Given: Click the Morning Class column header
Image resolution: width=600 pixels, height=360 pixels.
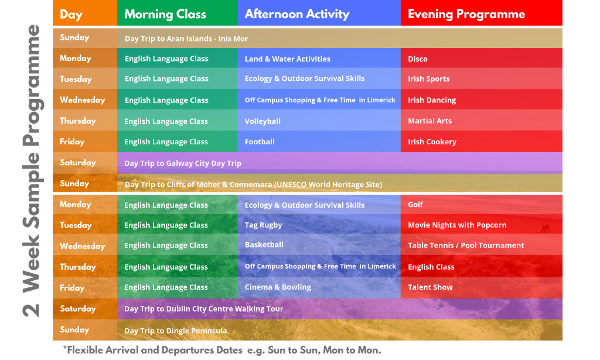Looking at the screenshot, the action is (x=165, y=15).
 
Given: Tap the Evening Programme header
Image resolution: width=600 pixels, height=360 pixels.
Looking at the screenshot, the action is (x=466, y=15).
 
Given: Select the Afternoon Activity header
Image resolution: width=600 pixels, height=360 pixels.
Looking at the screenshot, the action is (x=297, y=15).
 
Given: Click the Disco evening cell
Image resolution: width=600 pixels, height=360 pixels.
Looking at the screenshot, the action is (x=417, y=59).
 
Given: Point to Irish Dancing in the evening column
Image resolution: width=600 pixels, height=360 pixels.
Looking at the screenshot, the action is (x=432, y=100).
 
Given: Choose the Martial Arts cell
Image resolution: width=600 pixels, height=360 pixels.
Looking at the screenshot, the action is (x=429, y=121).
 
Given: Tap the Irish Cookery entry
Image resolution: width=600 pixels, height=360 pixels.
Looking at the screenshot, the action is (x=432, y=142).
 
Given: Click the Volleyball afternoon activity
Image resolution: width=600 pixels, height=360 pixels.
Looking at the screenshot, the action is (x=262, y=121).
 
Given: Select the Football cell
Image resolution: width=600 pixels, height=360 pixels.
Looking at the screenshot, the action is (x=260, y=142).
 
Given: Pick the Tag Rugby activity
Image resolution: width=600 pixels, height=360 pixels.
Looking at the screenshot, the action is (x=263, y=225).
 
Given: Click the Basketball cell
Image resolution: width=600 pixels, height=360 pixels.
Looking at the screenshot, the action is (x=264, y=244).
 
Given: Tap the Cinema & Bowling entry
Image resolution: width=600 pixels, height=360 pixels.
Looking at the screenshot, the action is (x=278, y=287).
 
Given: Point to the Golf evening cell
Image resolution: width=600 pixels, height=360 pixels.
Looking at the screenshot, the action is (x=415, y=205).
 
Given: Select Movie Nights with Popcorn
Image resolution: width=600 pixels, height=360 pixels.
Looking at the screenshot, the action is (x=457, y=225).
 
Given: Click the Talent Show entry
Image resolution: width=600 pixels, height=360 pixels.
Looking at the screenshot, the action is (x=430, y=287).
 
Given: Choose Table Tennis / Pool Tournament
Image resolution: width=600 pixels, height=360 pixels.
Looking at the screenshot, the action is (x=466, y=246).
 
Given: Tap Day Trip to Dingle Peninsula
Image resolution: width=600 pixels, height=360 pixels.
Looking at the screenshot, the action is (x=176, y=331).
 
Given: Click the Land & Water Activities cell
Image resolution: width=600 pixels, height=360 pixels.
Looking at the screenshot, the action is (x=287, y=59).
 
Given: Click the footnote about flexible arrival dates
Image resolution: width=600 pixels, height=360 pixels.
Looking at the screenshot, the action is (x=222, y=350).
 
